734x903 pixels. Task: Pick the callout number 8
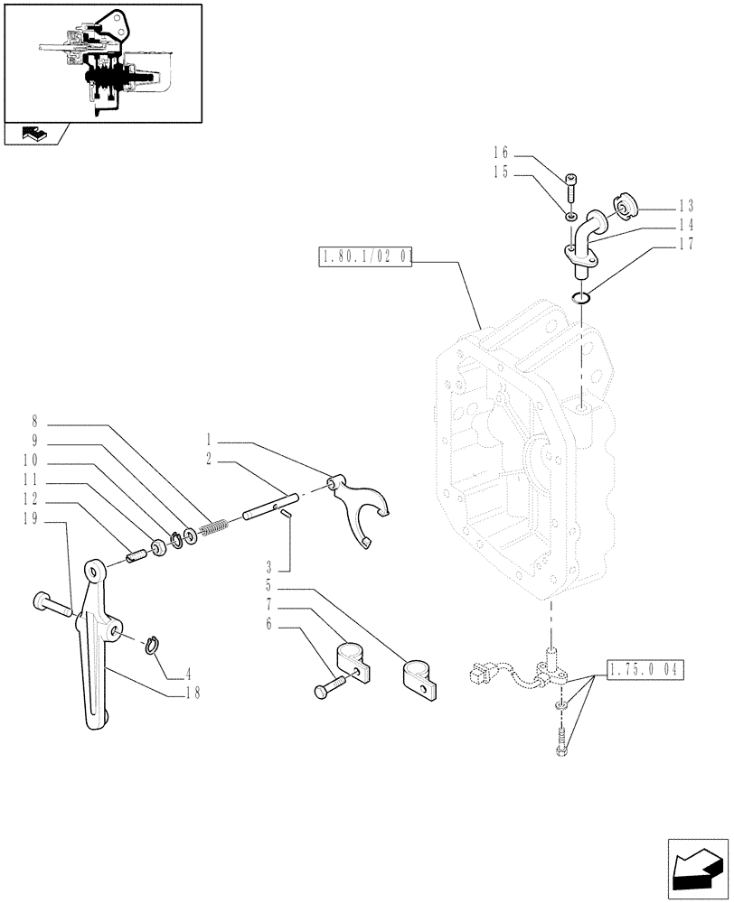pyautogui.click(x=34, y=421)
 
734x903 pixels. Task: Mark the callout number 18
pyautogui.click(x=191, y=694)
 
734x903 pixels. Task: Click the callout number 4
pyautogui.click(x=187, y=672)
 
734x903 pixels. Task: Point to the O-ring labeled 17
pyautogui.click(x=582, y=297)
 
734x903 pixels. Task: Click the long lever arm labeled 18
pyautogui.click(x=97, y=650)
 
